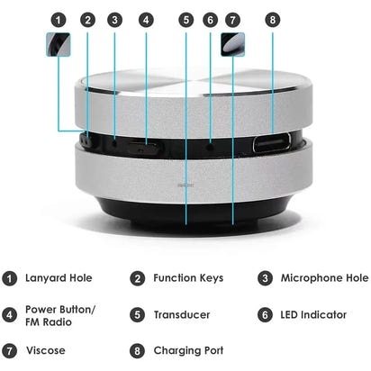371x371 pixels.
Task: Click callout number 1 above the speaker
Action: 59,19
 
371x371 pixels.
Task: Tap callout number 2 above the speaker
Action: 87,19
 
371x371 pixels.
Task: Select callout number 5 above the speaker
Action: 185,19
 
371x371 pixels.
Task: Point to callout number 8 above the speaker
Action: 274,19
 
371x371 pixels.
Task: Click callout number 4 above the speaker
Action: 146,19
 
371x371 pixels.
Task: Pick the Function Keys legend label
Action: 187,278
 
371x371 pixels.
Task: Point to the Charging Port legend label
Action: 188,350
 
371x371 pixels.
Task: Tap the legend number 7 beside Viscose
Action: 10,350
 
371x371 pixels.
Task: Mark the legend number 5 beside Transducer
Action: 138,315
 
